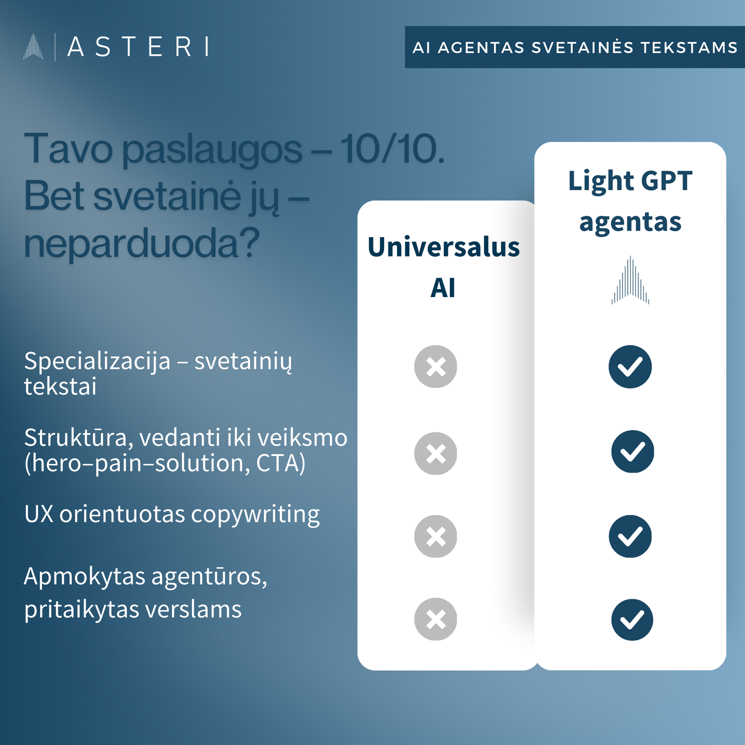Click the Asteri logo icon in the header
click(x=33, y=47)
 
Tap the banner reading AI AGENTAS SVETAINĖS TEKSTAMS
click(x=575, y=47)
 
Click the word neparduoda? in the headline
click(x=141, y=244)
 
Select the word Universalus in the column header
click(x=443, y=247)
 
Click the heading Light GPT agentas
click(x=630, y=201)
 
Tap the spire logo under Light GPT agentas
click(x=630, y=280)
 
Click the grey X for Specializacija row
click(x=435, y=366)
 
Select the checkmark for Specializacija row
click(x=630, y=366)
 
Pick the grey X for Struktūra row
click(x=435, y=453)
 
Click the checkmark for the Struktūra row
click(x=632, y=451)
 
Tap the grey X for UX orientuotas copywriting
click(x=435, y=536)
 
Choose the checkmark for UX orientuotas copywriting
click(x=630, y=536)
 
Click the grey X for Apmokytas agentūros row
click(x=435, y=619)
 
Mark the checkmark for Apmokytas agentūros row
click(x=632, y=620)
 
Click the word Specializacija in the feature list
click(x=97, y=361)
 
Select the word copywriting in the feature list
click(x=255, y=515)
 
